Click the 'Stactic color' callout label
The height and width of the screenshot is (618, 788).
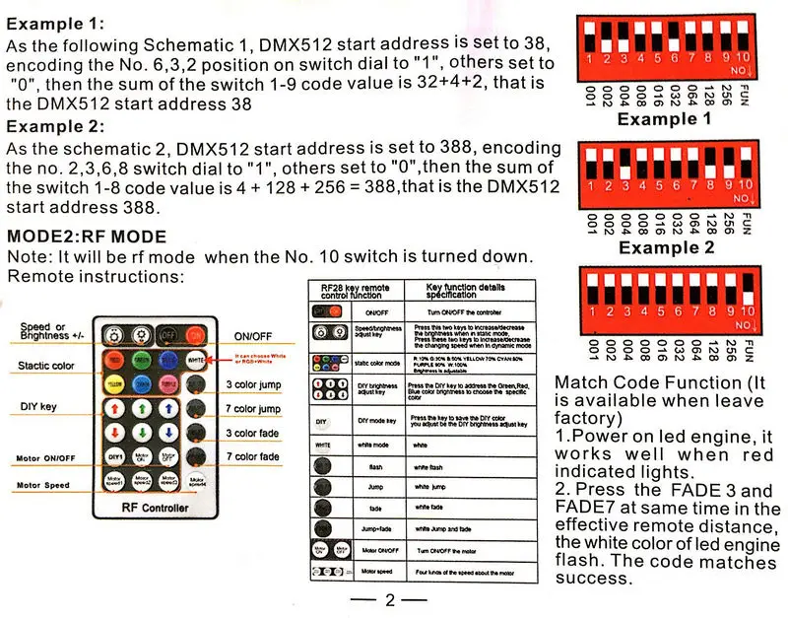[47, 366]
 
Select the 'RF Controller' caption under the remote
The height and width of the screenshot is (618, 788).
[156, 509]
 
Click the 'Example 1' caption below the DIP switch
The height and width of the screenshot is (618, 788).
[663, 119]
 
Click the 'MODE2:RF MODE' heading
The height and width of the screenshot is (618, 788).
[87, 238]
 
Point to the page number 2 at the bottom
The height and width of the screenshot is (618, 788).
[389, 599]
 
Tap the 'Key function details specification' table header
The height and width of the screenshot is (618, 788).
[465, 290]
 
